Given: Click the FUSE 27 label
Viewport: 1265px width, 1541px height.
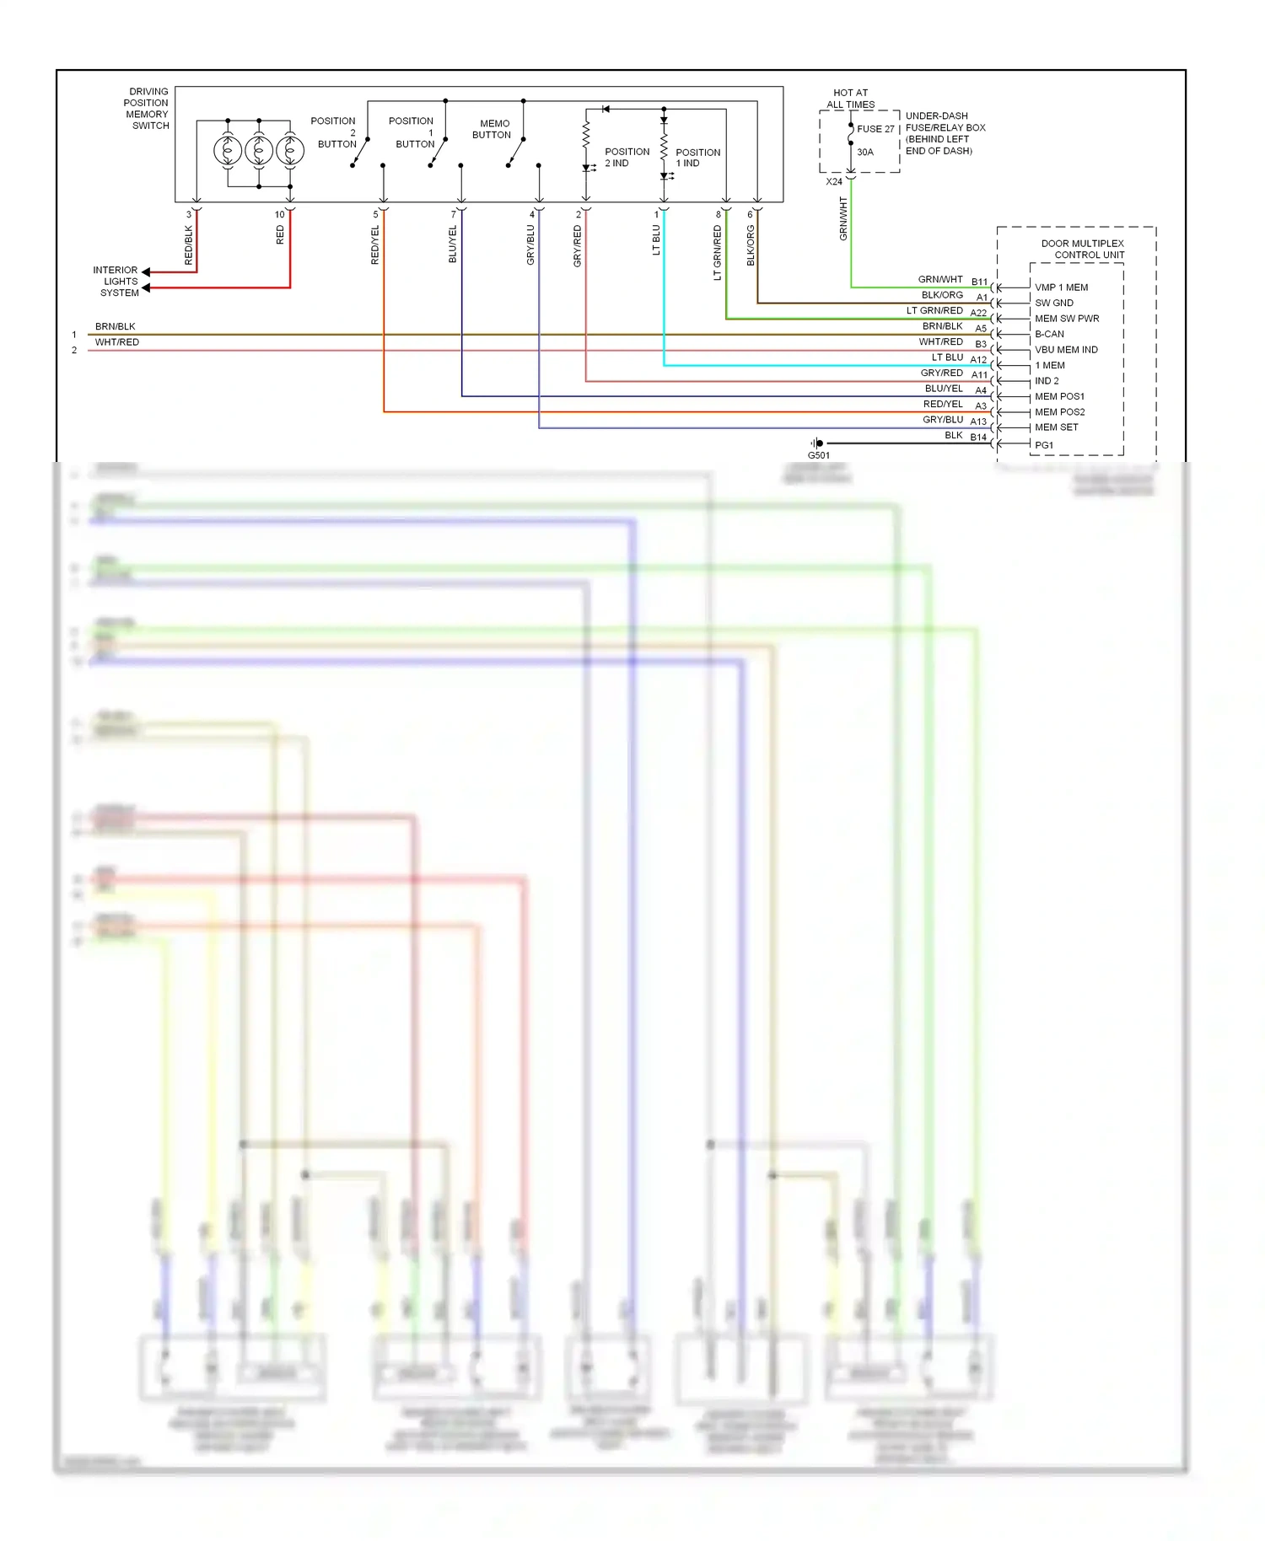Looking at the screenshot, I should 875,129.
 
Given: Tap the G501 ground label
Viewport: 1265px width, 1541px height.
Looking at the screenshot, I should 818,455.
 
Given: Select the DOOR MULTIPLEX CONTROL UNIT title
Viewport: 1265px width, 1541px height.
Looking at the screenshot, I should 1083,249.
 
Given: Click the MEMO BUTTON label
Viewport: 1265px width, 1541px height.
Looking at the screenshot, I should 493,129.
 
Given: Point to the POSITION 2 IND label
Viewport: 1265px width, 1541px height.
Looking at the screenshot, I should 627,158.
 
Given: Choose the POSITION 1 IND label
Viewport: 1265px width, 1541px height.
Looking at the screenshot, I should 697,158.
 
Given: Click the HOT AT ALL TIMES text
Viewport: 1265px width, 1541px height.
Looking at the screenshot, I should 850,99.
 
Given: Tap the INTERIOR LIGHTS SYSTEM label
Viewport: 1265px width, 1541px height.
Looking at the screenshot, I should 116,282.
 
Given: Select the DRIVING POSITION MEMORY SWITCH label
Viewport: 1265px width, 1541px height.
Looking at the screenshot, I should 148,109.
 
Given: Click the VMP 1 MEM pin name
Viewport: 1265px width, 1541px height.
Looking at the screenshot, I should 1061,287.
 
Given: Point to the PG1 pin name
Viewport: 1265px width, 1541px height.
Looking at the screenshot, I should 1044,445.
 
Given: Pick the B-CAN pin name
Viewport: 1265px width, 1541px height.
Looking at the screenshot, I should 1049,334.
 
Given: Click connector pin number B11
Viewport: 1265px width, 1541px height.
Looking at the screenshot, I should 979,282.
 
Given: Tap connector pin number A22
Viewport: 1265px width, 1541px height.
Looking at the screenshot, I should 978,313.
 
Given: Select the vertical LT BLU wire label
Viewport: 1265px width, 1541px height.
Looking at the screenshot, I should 656,239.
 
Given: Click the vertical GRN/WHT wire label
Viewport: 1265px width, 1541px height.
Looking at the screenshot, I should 842,218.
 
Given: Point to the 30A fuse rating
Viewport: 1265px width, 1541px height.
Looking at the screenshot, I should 865,153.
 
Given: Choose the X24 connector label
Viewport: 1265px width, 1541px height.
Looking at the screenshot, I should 833,181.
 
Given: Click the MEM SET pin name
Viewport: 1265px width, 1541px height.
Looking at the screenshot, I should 1056,427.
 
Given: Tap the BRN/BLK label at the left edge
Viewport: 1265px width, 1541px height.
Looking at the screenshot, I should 115,326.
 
